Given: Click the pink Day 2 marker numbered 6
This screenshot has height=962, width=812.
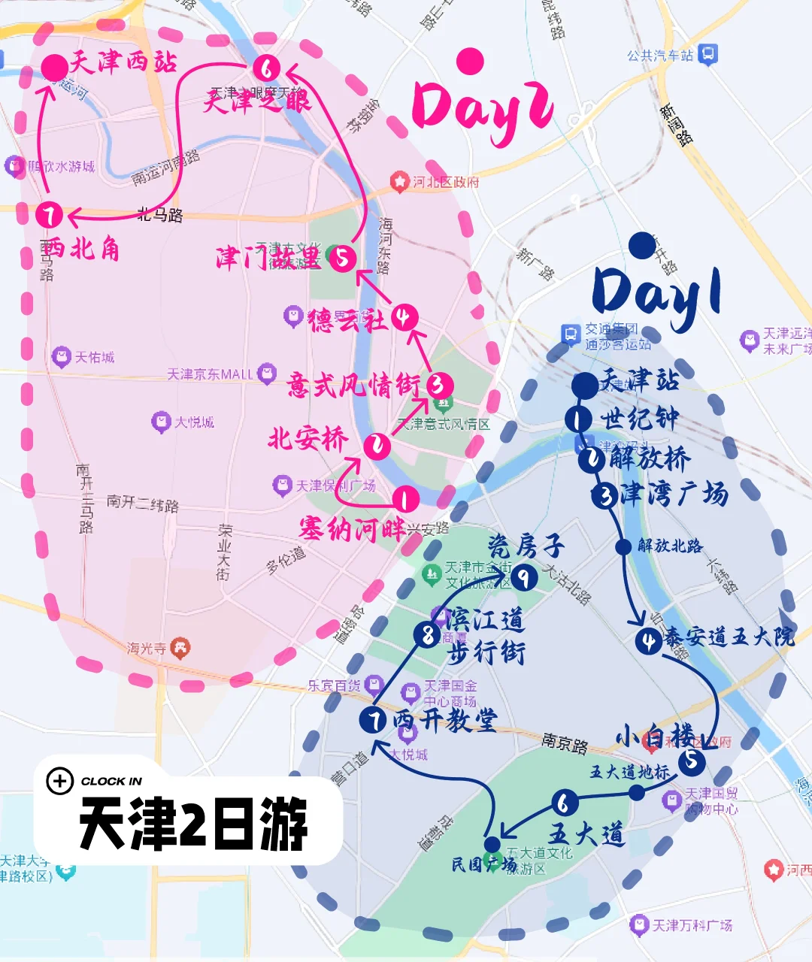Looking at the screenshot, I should click(x=265, y=68).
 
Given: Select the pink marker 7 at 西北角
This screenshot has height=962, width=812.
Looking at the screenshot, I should click(x=50, y=216).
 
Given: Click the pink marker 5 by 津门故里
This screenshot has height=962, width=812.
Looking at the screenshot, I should click(x=343, y=259).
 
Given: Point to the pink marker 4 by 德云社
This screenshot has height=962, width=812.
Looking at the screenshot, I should click(x=404, y=317).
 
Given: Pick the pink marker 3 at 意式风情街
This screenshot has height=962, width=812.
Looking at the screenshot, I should click(x=440, y=386).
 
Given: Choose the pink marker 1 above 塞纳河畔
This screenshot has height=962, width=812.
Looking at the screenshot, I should click(x=405, y=498).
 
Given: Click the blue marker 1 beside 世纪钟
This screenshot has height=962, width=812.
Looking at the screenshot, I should click(x=577, y=419).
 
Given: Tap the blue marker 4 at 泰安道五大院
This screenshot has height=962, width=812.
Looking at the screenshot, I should click(x=648, y=641).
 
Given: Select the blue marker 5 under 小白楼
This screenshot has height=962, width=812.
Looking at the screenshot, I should click(x=691, y=761).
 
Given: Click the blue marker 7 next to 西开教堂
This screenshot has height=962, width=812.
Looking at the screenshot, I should click(x=373, y=720).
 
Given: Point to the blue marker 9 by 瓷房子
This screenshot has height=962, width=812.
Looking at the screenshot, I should click(x=524, y=577).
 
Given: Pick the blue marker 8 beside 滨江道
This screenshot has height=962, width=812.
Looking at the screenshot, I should click(x=427, y=635).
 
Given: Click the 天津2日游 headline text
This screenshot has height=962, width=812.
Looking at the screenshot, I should click(x=193, y=824).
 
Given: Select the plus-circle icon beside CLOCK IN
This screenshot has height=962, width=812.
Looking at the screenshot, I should click(x=59, y=781).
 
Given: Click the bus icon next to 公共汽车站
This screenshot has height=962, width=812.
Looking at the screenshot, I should click(x=708, y=54).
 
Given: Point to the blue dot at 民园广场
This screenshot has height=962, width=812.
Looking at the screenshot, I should click(x=492, y=844).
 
